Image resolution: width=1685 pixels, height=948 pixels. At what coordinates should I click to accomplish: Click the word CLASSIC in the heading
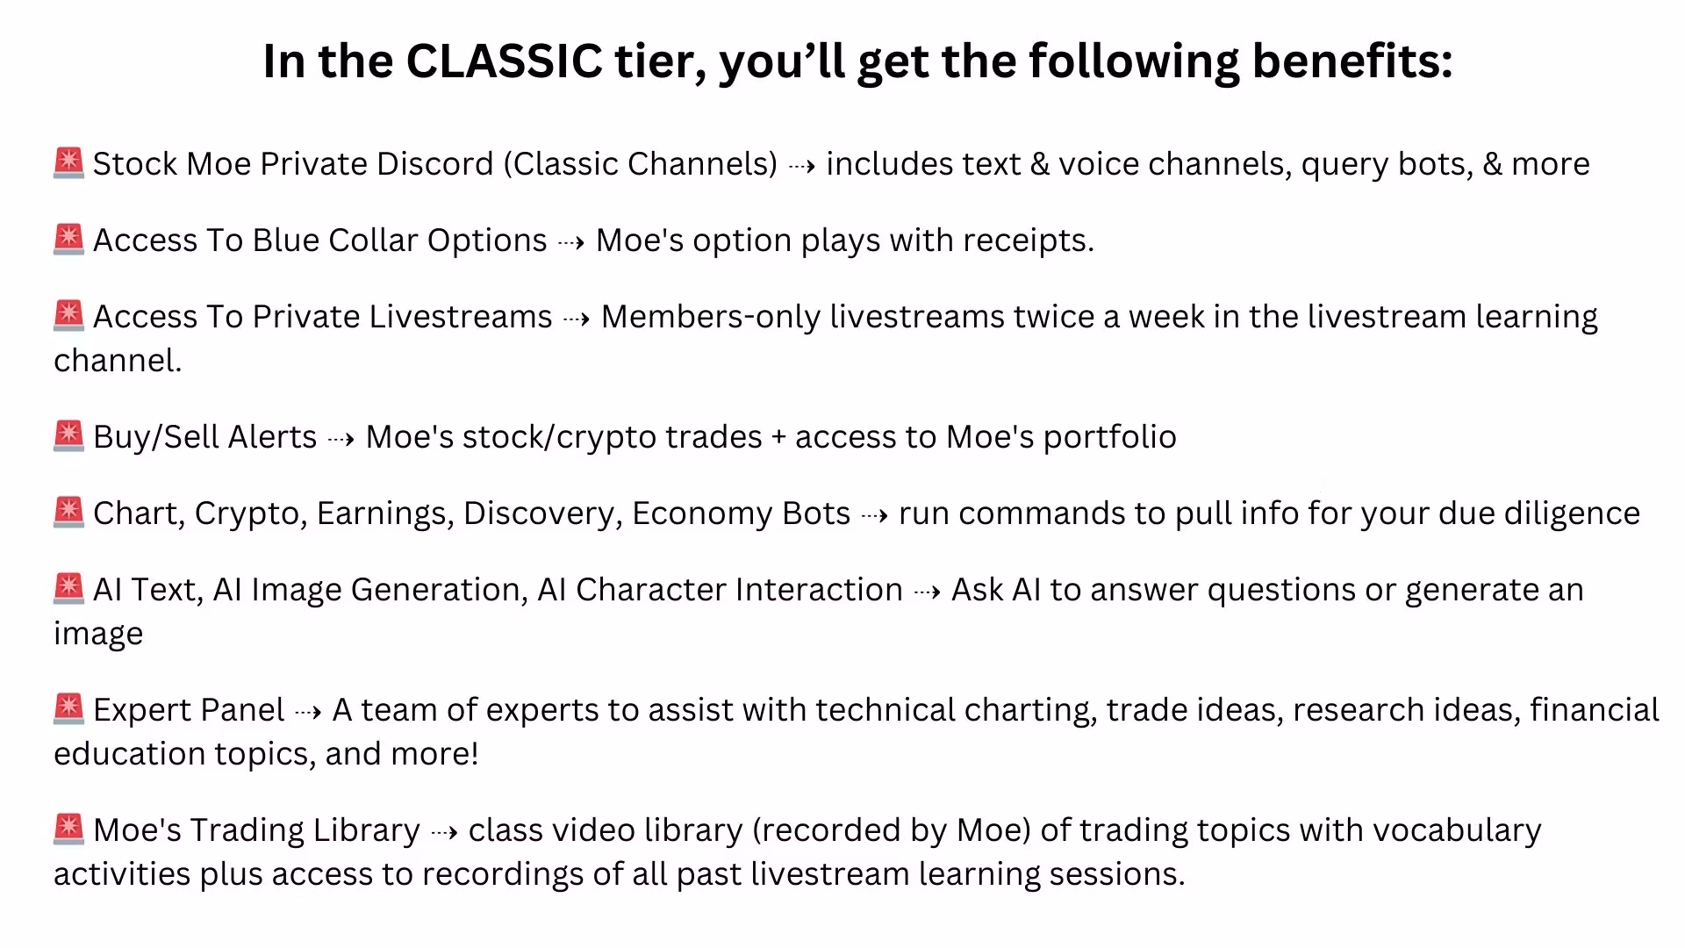[x=505, y=61]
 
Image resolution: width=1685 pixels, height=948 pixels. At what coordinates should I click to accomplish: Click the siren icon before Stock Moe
[x=68, y=163]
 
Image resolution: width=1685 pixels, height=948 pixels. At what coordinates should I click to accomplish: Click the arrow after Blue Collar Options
[x=571, y=241]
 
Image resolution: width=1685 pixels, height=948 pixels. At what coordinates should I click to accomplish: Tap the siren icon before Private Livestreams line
[x=68, y=316]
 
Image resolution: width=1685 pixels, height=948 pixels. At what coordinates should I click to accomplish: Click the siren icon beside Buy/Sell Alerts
[x=68, y=436]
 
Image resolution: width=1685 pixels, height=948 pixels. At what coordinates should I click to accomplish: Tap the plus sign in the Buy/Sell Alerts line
[x=778, y=438]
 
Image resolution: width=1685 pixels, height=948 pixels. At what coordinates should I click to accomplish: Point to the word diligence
[x=1573, y=513]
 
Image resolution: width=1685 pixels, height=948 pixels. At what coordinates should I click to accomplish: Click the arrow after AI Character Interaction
[x=927, y=591]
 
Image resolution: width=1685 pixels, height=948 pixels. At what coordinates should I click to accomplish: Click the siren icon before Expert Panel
[x=68, y=709]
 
